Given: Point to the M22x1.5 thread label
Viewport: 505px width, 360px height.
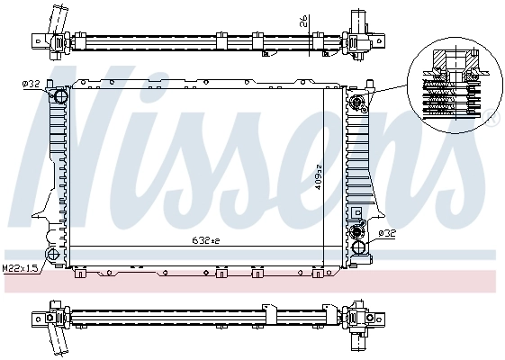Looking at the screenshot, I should point(20,268).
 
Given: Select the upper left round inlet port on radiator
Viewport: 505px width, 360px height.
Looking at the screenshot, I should point(59,96).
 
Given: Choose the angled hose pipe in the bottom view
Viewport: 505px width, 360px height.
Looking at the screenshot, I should point(59,342).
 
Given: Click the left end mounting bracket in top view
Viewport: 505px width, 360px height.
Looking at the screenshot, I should point(41,40).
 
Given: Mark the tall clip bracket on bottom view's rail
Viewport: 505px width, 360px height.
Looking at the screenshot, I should point(269,310).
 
